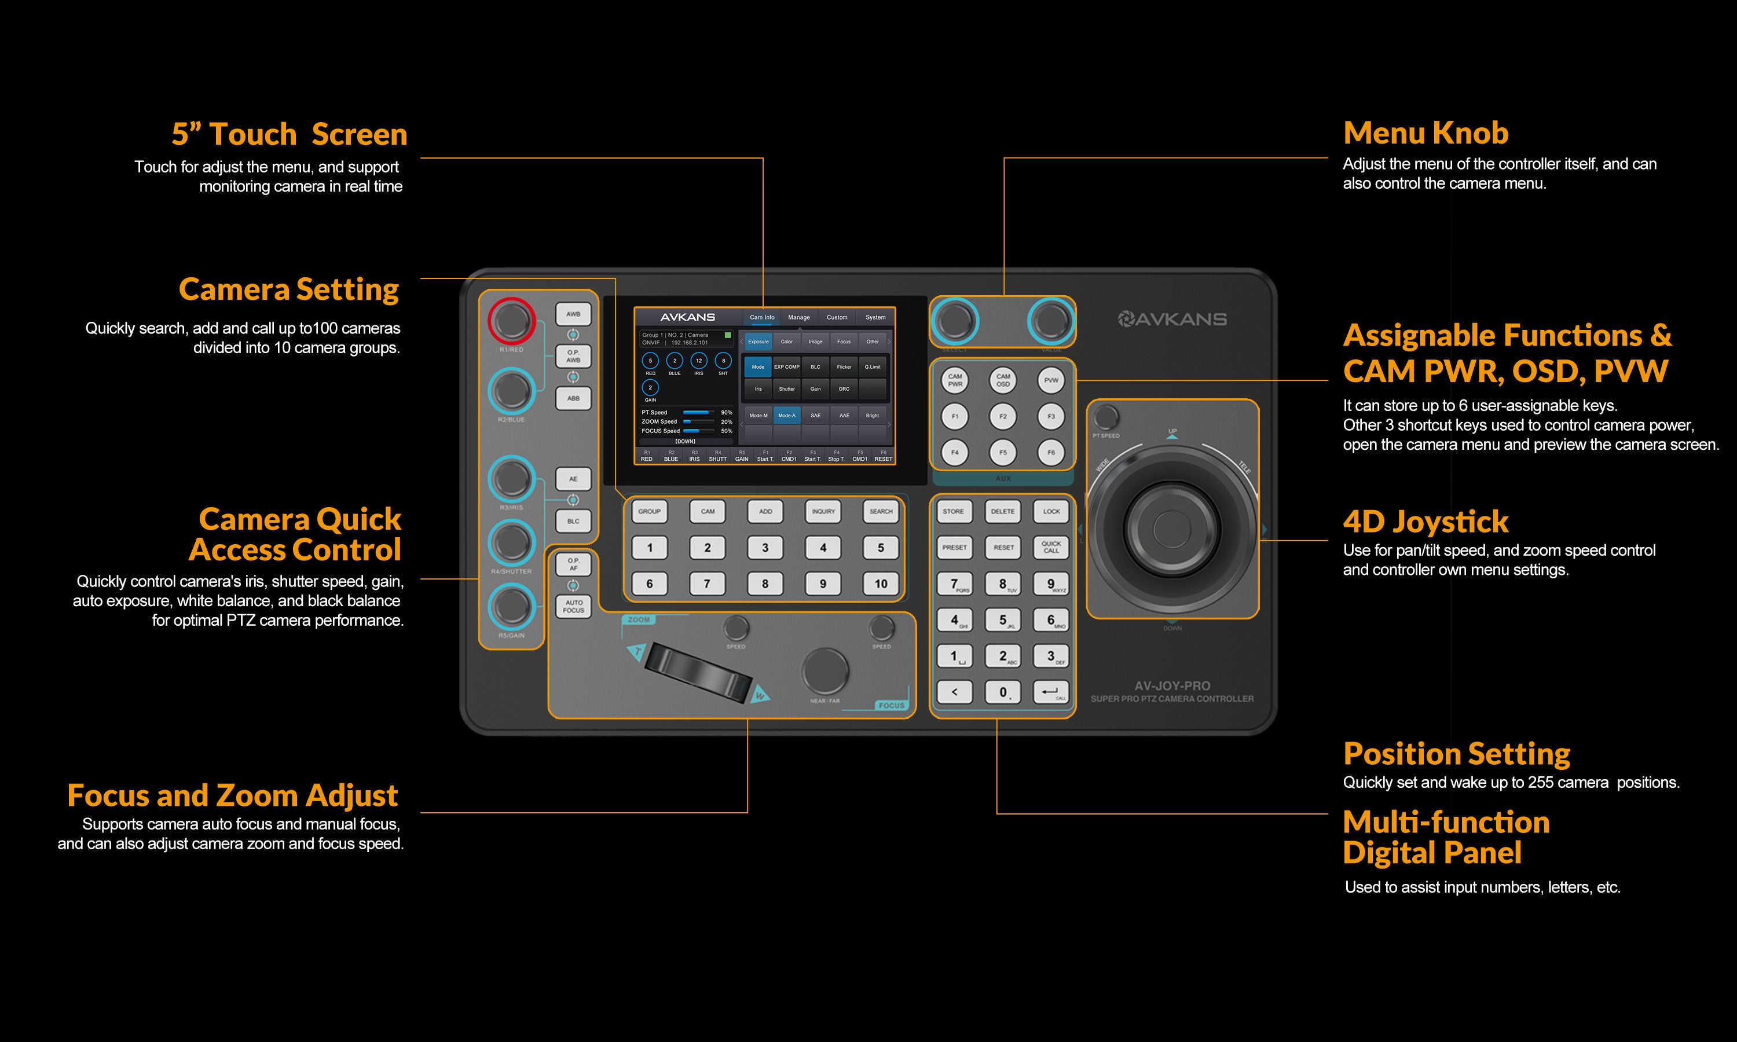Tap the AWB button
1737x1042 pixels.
pos(573,314)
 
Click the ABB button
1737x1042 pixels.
pos(573,398)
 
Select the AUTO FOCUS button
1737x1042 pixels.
pos(573,606)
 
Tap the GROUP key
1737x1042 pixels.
pos(650,511)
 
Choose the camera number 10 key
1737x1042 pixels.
pos(881,584)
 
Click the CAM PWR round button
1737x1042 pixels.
pos(955,380)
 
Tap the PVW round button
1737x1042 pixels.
pos(1051,380)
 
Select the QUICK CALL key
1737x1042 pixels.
pos(1051,547)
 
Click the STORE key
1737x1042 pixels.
pos(954,511)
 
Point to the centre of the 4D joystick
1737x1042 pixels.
pos(1172,527)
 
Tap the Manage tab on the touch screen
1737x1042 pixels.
pos(798,317)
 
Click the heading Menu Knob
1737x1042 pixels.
pos(1425,133)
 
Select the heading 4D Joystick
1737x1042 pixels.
pos(1425,521)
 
